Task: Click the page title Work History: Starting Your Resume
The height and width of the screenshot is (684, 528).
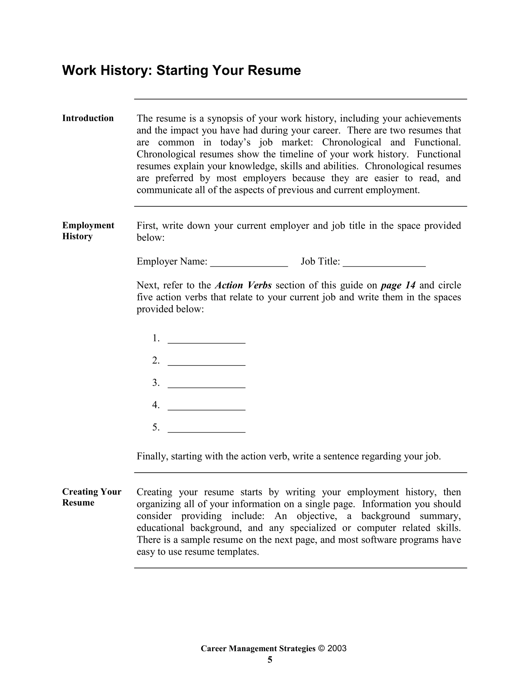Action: click(x=181, y=70)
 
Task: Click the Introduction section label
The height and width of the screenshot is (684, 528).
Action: click(x=88, y=118)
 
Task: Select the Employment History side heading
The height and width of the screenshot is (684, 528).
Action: click(x=88, y=231)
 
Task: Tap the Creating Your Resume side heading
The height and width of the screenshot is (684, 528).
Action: click(x=91, y=497)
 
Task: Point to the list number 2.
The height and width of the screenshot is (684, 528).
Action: click(x=156, y=361)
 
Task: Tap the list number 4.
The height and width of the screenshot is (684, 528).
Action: click(x=156, y=405)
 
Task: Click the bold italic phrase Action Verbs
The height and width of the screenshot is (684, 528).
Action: click(x=243, y=285)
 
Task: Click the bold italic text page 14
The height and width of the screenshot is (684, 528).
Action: click(x=398, y=285)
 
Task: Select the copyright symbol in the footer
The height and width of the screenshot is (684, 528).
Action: click(x=321, y=648)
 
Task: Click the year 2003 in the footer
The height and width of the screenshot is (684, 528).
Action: click(x=337, y=648)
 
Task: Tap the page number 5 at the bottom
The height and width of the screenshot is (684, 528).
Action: click(x=270, y=660)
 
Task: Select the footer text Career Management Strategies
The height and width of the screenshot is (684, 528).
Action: click(x=258, y=648)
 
